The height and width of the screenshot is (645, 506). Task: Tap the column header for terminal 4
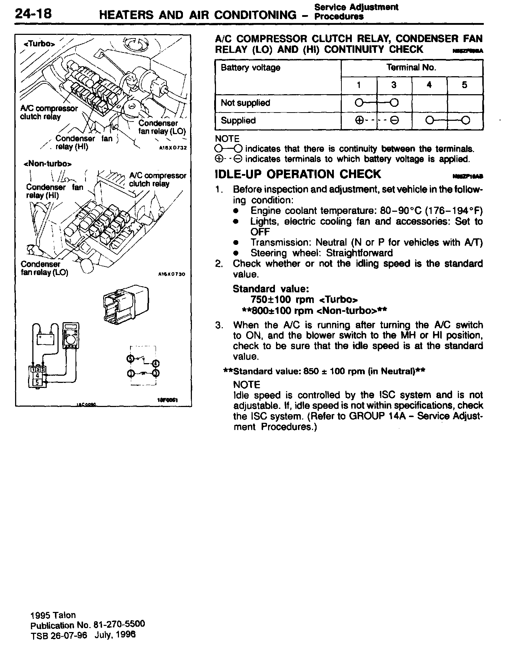[429, 85]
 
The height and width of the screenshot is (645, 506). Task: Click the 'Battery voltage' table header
[250, 68]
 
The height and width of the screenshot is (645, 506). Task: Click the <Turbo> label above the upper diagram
[40, 44]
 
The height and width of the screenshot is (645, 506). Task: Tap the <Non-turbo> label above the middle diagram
[47, 164]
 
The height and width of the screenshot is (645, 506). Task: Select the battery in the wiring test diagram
[46, 338]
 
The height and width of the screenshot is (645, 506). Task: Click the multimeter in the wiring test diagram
[71, 336]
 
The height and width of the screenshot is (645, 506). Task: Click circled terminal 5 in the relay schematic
[130, 358]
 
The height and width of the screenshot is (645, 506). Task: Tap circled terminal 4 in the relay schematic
[156, 362]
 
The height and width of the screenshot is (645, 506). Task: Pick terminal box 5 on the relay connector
[37, 382]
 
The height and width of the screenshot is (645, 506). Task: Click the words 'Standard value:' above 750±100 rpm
[271, 289]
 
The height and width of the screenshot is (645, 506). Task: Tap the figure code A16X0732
[172, 147]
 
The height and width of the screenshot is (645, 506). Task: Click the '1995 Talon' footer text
[53, 615]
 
